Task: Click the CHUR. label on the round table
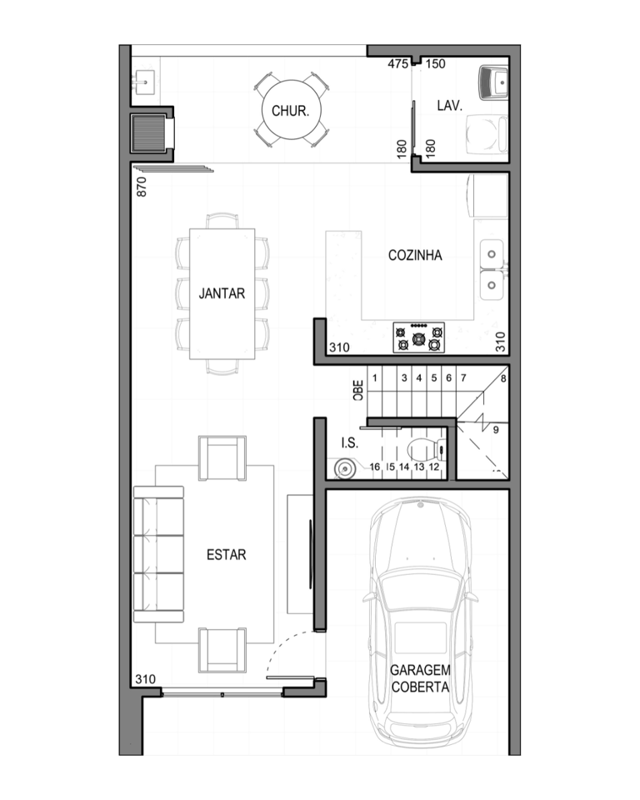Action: click(290, 111)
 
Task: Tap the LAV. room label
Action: click(450, 106)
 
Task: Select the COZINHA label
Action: click(415, 255)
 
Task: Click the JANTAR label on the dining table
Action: click(222, 293)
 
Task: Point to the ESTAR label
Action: click(226, 555)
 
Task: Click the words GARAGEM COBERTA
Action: click(420, 678)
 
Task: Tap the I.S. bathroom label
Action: click(350, 442)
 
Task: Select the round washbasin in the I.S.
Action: click(343, 467)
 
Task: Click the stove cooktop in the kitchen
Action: click(418, 337)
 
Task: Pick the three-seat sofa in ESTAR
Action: click(158, 554)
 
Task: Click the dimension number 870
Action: click(142, 187)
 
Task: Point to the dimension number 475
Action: click(398, 64)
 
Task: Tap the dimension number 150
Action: click(435, 64)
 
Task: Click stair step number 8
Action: click(503, 378)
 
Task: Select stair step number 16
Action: click(375, 467)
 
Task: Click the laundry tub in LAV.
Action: click(493, 82)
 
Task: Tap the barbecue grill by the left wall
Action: click(149, 133)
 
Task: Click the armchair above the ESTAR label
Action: click(222, 457)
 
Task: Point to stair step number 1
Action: click(375, 378)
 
